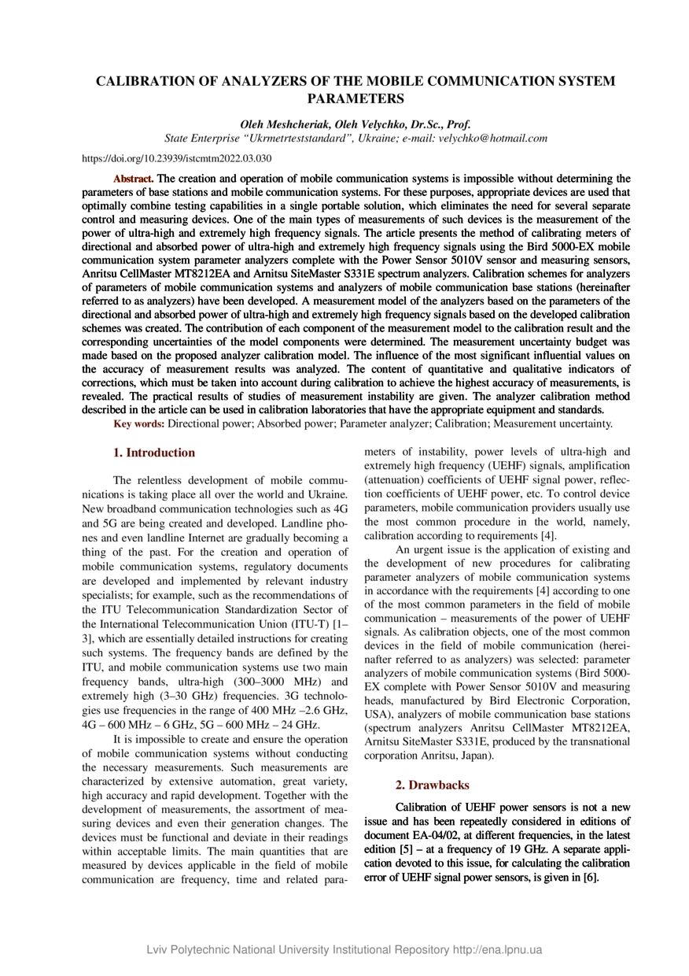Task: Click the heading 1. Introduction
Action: point(154,453)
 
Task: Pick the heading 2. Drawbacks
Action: point(432,785)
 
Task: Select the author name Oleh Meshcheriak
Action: point(284,124)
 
